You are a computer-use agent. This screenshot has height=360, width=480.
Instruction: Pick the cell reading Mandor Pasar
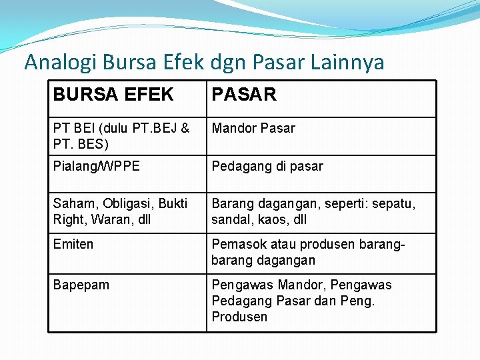pyautogui.click(x=253, y=128)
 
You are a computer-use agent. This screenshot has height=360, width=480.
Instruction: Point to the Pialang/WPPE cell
pyautogui.click(x=97, y=166)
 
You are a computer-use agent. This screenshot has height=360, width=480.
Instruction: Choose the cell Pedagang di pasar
pyautogui.click(x=267, y=166)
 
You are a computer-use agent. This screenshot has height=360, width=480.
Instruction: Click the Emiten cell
pyautogui.click(x=73, y=244)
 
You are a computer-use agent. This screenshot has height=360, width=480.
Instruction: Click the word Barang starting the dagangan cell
pyautogui.click(x=231, y=203)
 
